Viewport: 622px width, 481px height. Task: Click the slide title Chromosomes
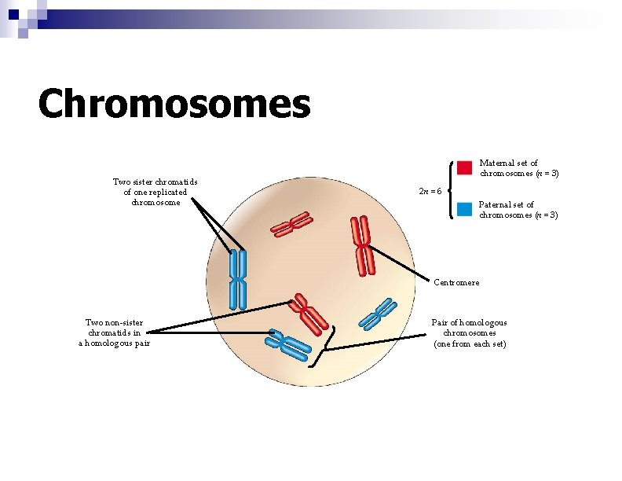tap(174, 104)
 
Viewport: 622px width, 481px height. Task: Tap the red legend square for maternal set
tap(464, 167)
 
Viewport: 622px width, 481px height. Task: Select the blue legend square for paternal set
tap(464, 209)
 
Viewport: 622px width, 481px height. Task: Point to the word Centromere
tap(456, 282)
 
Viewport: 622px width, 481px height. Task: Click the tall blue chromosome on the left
tap(238, 279)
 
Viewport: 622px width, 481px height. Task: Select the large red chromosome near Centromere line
tap(363, 246)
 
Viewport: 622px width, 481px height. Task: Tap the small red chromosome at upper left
tap(291, 226)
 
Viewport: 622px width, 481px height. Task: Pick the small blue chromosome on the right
tap(376, 314)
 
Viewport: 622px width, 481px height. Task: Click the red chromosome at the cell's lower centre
tap(309, 312)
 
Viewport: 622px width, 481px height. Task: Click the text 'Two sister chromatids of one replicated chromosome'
tap(155, 193)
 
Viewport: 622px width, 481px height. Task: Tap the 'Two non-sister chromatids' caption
tap(114, 332)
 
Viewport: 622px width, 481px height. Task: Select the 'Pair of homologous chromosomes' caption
tap(470, 333)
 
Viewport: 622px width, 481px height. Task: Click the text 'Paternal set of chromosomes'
tap(518, 210)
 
